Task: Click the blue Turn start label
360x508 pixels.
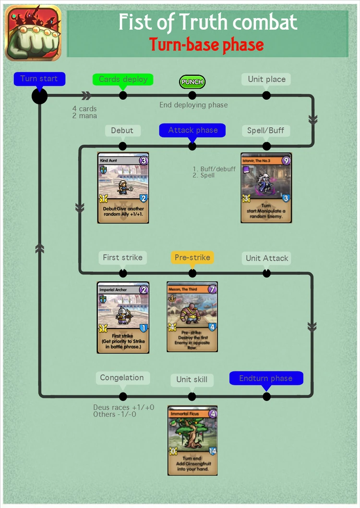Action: coord(39,79)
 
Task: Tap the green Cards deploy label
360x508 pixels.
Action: coord(123,80)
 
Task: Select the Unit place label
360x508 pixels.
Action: coord(266,80)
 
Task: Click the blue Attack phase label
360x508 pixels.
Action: coord(192,130)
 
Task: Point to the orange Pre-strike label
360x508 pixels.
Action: coord(192,258)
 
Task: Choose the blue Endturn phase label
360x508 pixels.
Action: coord(266,378)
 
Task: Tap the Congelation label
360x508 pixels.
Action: coord(122,378)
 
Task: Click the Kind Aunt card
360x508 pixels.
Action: coord(123,188)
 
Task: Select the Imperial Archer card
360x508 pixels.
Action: coord(123,318)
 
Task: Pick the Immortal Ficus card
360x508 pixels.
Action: coord(192,440)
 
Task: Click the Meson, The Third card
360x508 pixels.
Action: coord(192,317)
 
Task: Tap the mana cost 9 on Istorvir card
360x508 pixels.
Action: coord(286,161)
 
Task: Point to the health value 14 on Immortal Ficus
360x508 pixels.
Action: coord(212,451)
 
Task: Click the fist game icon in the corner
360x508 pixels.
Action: coord(33,33)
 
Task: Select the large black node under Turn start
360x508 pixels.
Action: coord(39,96)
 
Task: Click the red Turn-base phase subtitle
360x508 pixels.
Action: coord(206,45)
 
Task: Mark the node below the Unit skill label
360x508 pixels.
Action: coord(192,396)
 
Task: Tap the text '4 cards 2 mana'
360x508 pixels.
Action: coord(84,112)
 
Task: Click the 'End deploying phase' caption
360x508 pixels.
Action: coord(193,105)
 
